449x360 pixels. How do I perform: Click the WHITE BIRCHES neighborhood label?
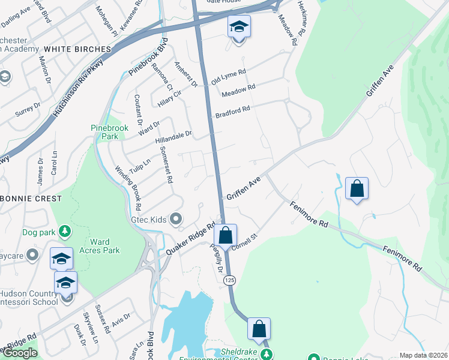pos(77,49)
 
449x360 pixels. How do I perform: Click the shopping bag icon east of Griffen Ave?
pos(357,188)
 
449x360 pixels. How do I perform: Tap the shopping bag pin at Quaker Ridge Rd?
pos(225,235)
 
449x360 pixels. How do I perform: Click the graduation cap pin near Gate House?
pos(239,27)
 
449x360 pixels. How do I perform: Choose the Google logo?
pos(20,353)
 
